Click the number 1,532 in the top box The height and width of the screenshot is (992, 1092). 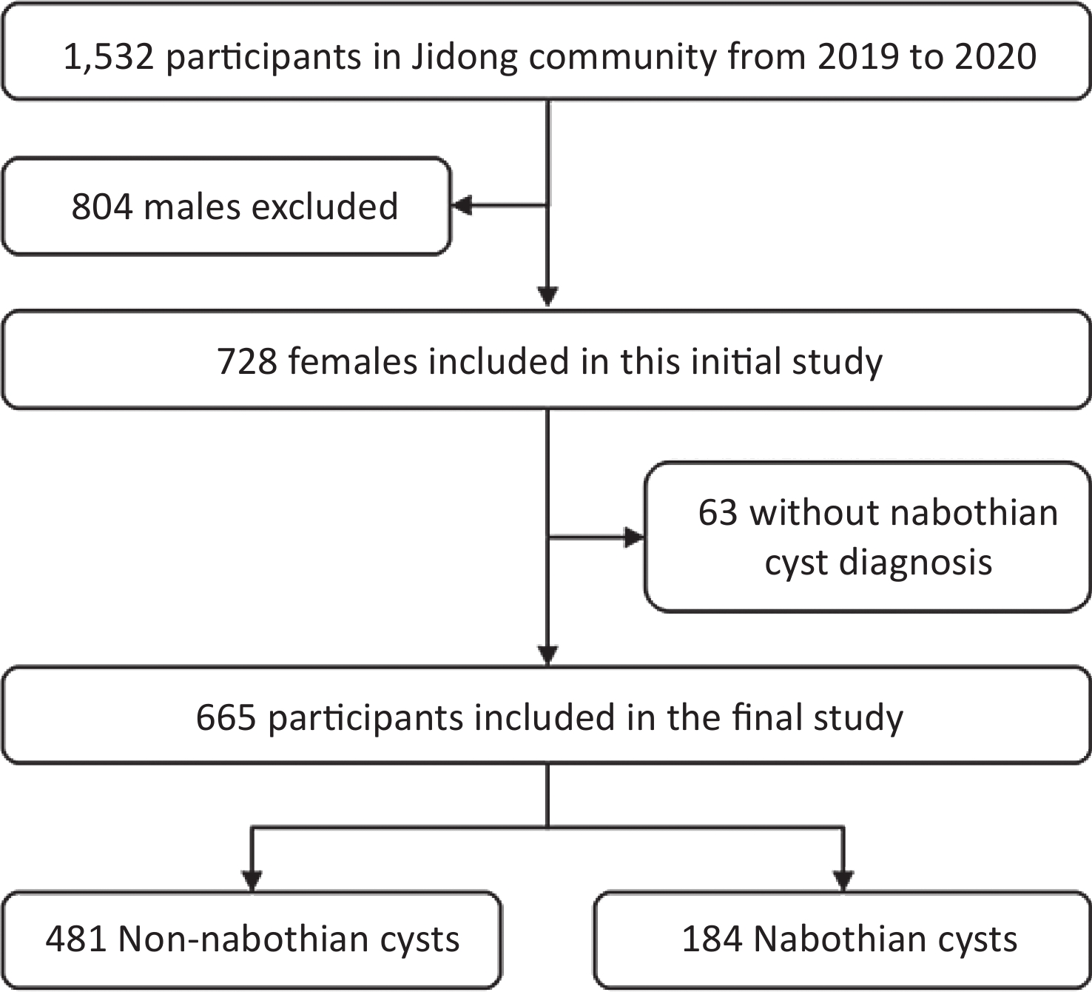(x=109, y=56)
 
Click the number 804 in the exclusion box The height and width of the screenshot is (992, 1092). (x=102, y=207)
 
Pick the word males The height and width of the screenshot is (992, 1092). (x=192, y=207)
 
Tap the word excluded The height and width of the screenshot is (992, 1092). (x=325, y=207)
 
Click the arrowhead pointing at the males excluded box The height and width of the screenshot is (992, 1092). (x=462, y=206)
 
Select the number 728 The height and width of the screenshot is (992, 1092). (x=248, y=361)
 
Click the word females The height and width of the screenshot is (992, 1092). (x=353, y=361)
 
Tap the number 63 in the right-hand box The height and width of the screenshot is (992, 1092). (x=718, y=512)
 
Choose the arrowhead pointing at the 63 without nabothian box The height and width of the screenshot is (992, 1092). (x=634, y=537)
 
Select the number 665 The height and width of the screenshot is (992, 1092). (x=226, y=717)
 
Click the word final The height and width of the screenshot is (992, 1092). (x=767, y=717)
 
